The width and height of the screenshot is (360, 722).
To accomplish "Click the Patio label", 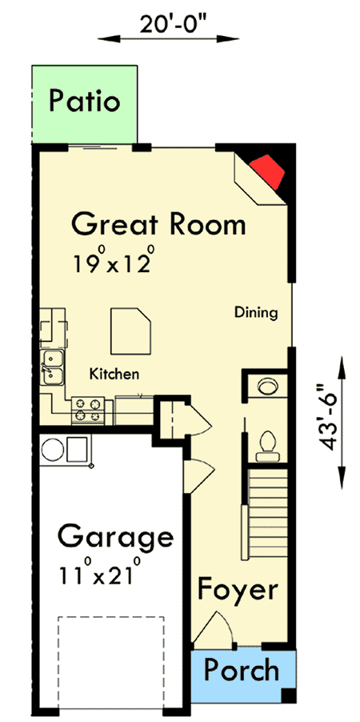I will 84,102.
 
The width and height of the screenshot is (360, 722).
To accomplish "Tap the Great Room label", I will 158,224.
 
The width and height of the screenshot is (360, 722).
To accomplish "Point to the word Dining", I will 256,313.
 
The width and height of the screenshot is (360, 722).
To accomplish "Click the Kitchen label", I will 114,374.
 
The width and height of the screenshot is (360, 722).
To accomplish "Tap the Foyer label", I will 238,591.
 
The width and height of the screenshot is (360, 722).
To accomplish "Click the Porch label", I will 241,669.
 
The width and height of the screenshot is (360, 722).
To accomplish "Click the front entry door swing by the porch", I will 216,628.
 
